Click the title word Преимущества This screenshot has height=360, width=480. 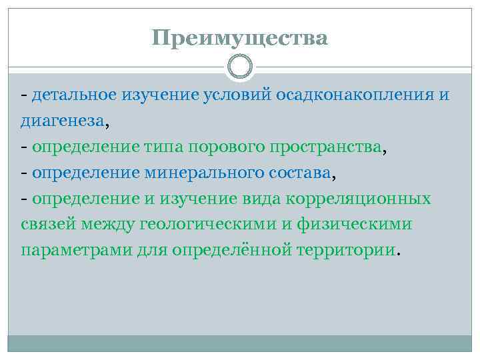tap(239, 38)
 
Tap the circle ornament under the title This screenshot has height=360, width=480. tap(240, 67)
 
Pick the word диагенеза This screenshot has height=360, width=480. tap(62, 121)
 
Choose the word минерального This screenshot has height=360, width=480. tap(201, 173)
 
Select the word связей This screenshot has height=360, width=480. tap(47, 225)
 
